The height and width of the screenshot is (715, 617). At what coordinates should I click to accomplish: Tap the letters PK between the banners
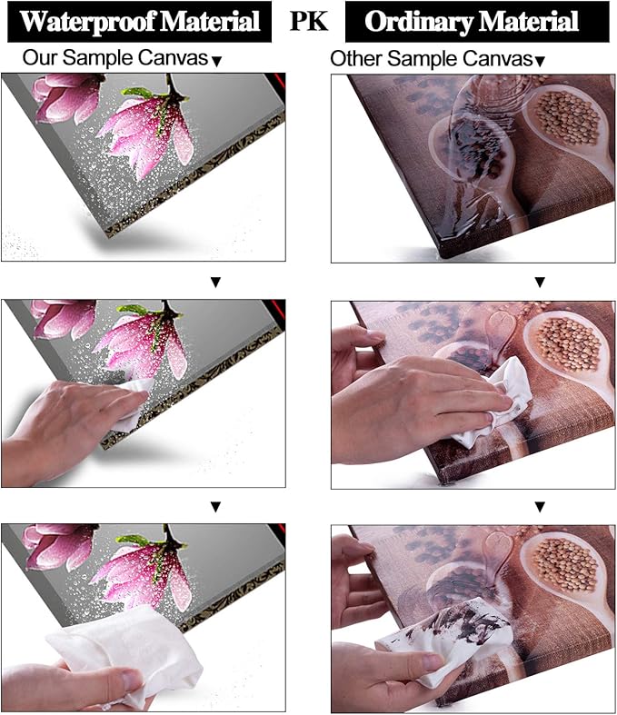[309, 21]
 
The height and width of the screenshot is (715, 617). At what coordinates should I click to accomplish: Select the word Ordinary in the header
[418, 22]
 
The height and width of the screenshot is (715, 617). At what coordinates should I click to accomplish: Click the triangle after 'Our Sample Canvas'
[217, 62]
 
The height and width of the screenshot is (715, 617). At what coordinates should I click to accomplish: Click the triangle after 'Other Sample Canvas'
[540, 62]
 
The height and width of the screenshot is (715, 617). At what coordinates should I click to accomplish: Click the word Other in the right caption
[354, 59]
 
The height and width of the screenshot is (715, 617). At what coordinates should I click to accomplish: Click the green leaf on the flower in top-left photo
[137, 93]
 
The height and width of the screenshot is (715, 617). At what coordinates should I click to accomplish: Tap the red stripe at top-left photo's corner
[278, 81]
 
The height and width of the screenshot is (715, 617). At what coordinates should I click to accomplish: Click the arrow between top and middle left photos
[215, 283]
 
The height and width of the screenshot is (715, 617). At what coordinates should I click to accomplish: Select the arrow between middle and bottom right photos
[540, 507]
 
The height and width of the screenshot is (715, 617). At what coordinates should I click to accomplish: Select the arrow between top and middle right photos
[540, 283]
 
